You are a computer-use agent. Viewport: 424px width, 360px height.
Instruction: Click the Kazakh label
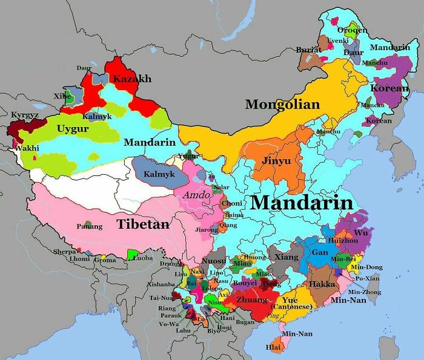[x=131, y=79]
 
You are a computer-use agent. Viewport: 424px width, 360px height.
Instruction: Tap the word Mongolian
[x=282, y=105]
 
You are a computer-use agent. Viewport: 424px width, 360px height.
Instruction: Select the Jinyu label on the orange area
[x=276, y=162]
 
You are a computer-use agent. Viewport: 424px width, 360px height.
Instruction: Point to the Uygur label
[x=73, y=129]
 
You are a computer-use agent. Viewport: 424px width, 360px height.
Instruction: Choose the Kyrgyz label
[x=25, y=114]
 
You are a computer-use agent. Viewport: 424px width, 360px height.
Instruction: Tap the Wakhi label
[x=27, y=148]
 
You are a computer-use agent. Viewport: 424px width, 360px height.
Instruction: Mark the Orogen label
[x=352, y=30]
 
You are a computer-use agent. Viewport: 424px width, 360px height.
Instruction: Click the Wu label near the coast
[x=360, y=232]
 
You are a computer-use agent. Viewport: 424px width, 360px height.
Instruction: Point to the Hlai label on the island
[x=273, y=347]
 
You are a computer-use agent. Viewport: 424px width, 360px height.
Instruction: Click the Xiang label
[x=287, y=257]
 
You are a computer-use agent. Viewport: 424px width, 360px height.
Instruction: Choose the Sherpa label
[x=65, y=251]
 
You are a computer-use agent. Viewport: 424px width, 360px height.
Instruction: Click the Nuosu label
[x=213, y=261]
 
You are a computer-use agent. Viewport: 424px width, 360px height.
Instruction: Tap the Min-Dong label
[x=366, y=267]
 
